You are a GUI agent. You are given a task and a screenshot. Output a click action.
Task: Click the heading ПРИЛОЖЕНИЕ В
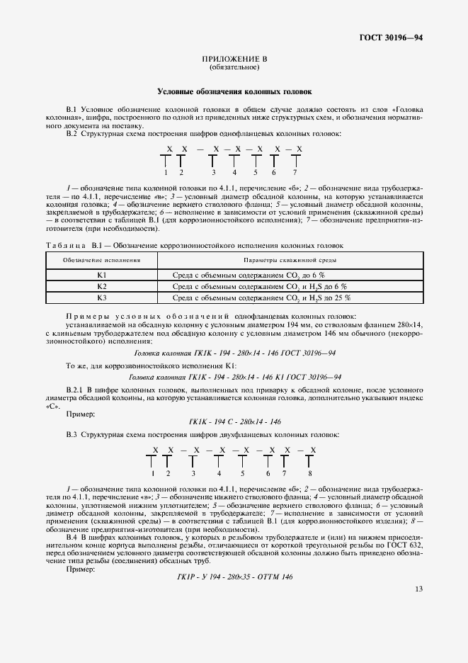pos(234,59)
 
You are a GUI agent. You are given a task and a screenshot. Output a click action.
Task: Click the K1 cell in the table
pos(101,274)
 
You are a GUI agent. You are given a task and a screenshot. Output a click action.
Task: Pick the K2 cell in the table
pos(101,285)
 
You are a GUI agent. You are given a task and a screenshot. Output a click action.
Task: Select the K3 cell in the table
pos(101,297)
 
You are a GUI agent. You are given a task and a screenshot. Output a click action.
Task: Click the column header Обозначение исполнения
pos(101,261)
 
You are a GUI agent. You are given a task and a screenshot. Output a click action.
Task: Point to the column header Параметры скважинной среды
pos(290,261)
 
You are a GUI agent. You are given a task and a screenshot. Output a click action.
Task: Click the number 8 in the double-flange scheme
pos(310,473)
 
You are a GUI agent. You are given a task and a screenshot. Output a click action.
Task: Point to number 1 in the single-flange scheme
pos(165,172)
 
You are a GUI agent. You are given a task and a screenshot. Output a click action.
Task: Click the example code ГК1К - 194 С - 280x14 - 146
pos(234,421)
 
